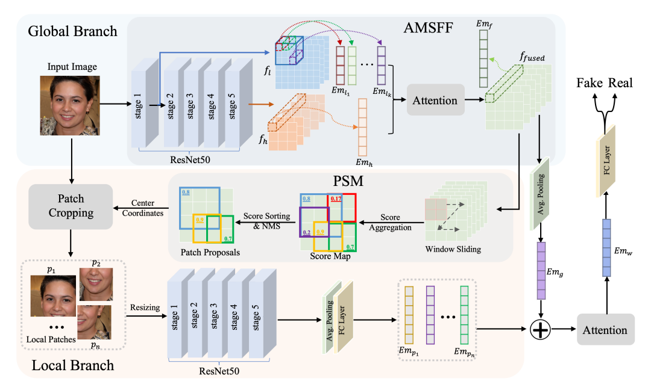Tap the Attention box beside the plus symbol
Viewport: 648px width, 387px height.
coord(606,329)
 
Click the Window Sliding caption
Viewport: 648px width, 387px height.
coord(453,249)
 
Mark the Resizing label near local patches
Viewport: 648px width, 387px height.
coord(145,308)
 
